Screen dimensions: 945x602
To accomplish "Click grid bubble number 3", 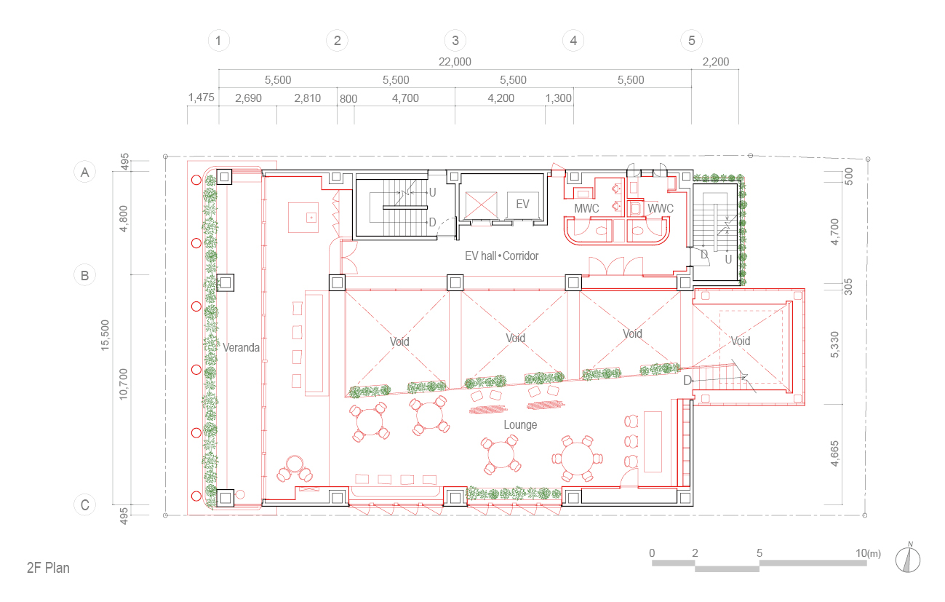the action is click(455, 41).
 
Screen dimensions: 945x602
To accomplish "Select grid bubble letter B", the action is click(85, 275).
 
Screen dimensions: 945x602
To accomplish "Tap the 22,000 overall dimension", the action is click(455, 62).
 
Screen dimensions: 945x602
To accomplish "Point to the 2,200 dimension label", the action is click(716, 62).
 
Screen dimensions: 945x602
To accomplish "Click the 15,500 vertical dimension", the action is click(105, 335).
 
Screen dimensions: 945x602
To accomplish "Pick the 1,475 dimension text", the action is click(202, 98).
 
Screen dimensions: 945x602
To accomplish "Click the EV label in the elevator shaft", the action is click(522, 205).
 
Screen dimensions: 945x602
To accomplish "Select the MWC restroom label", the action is click(586, 208).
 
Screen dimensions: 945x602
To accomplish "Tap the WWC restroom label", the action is click(661, 208).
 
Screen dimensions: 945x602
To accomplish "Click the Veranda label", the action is click(241, 347).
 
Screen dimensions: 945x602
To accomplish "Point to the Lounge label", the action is click(520, 424).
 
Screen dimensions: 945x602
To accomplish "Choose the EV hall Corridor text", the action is click(502, 256).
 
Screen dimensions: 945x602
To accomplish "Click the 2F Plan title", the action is click(48, 569).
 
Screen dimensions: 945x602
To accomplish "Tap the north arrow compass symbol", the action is click(908, 558).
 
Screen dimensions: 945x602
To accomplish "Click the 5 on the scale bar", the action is click(759, 553).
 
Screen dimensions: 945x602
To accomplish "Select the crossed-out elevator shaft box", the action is click(481, 205).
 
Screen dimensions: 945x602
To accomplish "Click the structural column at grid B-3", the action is click(455, 282).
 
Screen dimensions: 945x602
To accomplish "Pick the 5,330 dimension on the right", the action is click(834, 344).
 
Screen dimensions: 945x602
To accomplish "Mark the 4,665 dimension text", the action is click(834, 454).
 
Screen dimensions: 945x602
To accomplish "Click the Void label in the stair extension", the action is click(741, 341).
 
